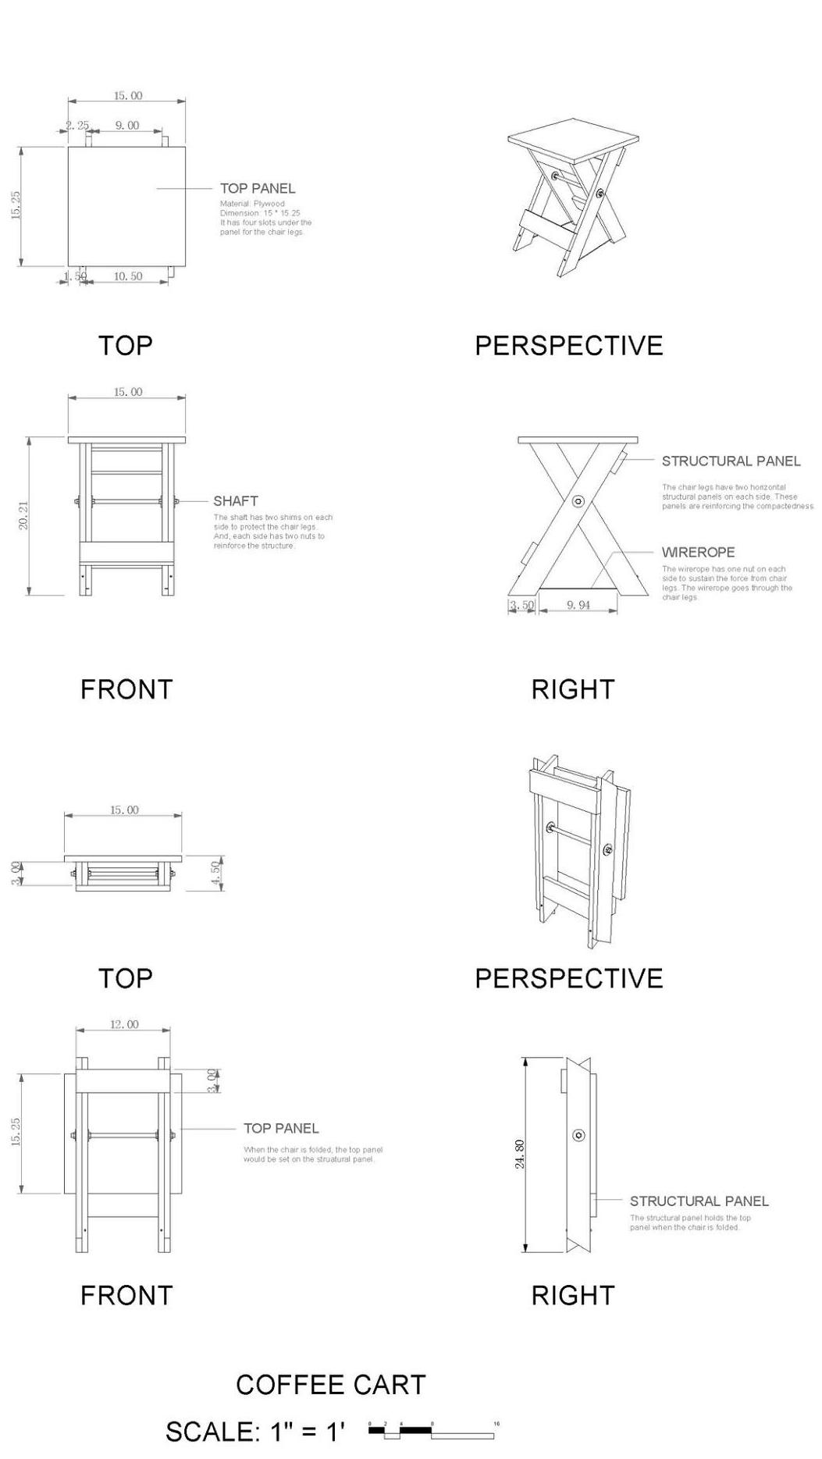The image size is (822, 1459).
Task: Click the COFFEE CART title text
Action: [x=330, y=1384]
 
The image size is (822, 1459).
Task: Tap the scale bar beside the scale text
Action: [x=431, y=1431]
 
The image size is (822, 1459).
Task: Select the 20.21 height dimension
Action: [x=23, y=516]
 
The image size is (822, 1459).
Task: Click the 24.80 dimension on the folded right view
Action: [x=520, y=1154]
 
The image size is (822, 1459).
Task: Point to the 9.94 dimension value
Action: [x=578, y=605]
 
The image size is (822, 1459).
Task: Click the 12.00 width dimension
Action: [x=124, y=1024]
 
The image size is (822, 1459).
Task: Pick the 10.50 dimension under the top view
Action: [x=128, y=276]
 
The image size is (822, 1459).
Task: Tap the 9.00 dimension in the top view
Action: [x=127, y=125]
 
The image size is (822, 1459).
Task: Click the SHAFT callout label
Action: [x=236, y=501]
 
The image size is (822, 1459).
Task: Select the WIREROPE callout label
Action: [x=698, y=552]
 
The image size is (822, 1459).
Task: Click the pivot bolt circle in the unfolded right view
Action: [x=578, y=501]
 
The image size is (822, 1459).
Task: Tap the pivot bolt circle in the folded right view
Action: [x=578, y=1135]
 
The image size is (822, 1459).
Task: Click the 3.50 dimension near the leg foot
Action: [x=522, y=605]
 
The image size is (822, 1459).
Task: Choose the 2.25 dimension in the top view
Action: [x=77, y=125]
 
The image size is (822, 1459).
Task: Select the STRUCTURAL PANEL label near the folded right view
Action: [x=699, y=1201]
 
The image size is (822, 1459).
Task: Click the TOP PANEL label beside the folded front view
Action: [x=281, y=1128]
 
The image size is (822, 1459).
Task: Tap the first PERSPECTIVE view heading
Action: [x=568, y=345]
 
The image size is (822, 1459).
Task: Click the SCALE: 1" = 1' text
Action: [x=254, y=1431]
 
